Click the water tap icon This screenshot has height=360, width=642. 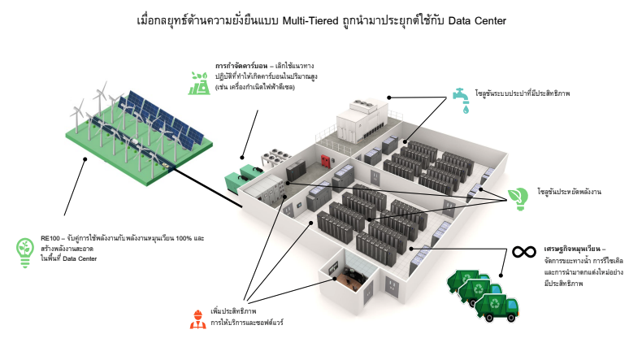click(x=462, y=98)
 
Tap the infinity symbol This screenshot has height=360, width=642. click(x=523, y=251)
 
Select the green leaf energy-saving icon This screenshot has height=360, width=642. click(x=517, y=196)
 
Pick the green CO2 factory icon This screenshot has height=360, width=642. click(x=197, y=81)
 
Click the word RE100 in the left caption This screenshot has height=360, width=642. click(x=51, y=237)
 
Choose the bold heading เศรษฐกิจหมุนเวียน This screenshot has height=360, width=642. click(x=569, y=249)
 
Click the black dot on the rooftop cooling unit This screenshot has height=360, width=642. click(x=389, y=97)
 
